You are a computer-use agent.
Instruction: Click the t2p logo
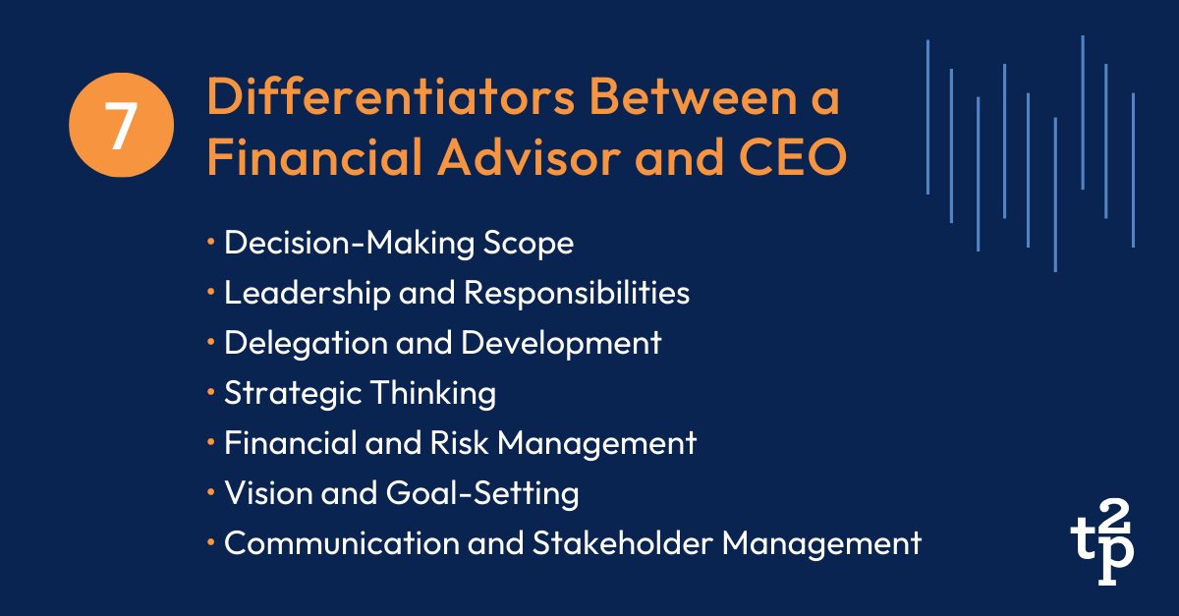(x=1101, y=551)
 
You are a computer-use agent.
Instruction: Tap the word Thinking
(x=433, y=393)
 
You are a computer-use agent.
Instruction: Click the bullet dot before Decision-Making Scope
(x=211, y=244)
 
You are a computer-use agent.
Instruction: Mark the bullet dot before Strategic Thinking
(x=211, y=394)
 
